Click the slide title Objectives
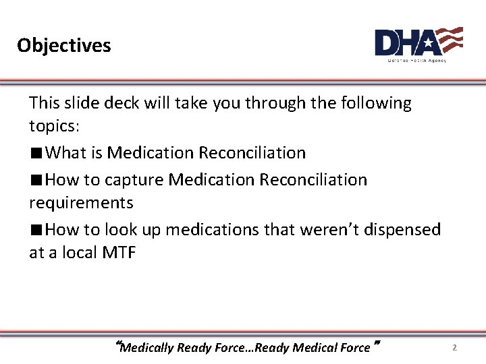click(x=64, y=45)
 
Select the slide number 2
click(x=454, y=348)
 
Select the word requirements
click(x=81, y=203)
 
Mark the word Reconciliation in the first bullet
click(x=252, y=153)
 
